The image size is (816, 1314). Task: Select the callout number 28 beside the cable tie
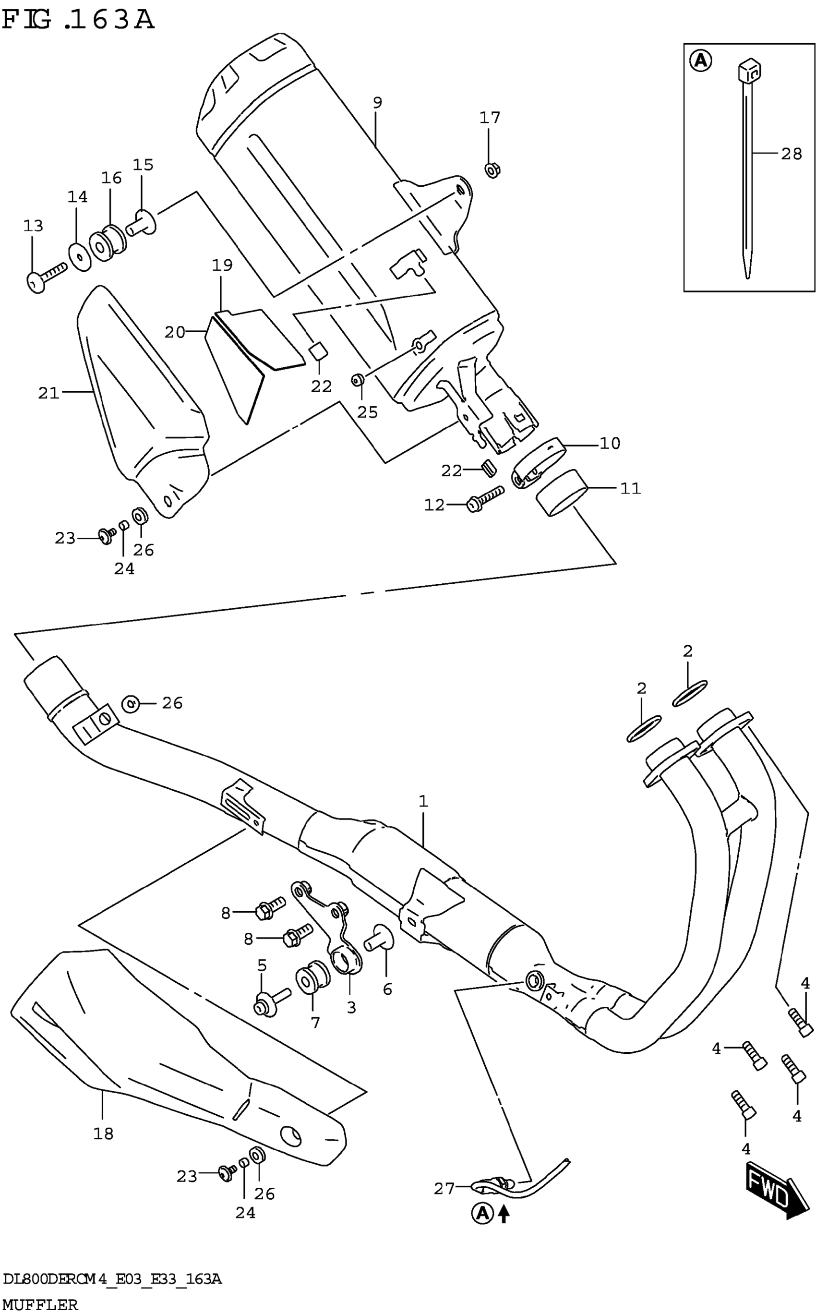tap(791, 154)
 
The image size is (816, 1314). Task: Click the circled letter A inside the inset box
tap(700, 60)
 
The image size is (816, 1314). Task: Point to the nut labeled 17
tap(492, 170)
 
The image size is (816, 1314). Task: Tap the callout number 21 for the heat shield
tap(48, 393)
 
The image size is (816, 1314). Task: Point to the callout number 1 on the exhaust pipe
tap(423, 801)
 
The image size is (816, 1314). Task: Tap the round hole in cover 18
tap(291, 1136)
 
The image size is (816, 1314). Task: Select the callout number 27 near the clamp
tap(444, 1189)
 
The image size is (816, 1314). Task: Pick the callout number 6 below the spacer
tap(387, 989)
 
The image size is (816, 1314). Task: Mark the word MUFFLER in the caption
tap(40, 1305)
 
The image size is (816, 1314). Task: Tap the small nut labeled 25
tap(357, 380)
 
